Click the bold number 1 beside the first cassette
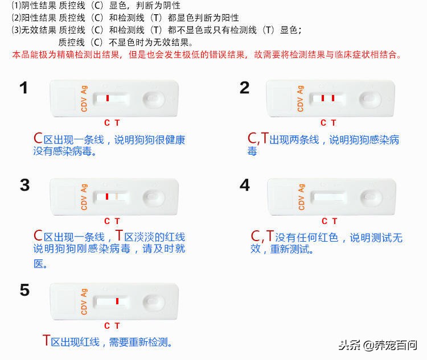point(23,88)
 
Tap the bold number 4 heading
point(245,185)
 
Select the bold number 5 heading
point(24,290)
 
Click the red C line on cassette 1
point(107,98)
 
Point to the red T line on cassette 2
point(332,98)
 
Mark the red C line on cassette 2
point(322,98)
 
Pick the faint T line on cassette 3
point(117,196)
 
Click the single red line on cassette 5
point(117,301)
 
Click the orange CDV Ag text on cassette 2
point(300,98)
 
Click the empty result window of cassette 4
point(329,197)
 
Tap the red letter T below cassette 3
point(117,221)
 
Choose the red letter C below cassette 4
point(324,221)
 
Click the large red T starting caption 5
point(46,341)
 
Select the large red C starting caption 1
point(38,138)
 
